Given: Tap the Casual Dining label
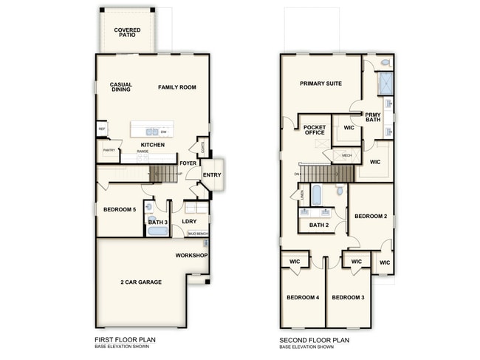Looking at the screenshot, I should click(121, 87).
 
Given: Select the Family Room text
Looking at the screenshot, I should click(177, 87).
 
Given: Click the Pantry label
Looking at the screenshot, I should click(109, 150).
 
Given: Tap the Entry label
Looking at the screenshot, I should click(212, 174).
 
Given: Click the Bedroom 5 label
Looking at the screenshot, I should click(119, 210).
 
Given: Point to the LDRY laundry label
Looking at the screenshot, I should click(189, 221).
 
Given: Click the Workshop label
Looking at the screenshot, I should click(191, 256).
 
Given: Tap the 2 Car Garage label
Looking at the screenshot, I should click(141, 282).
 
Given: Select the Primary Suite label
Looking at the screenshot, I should click(320, 84).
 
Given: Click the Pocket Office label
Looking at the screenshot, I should click(315, 131).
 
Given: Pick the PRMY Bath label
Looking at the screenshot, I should click(374, 118).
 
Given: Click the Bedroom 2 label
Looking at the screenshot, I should click(371, 216).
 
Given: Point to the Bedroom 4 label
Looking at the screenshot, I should click(302, 297).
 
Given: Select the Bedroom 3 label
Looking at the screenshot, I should click(347, 297).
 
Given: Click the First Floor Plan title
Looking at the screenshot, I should click(125, 340).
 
